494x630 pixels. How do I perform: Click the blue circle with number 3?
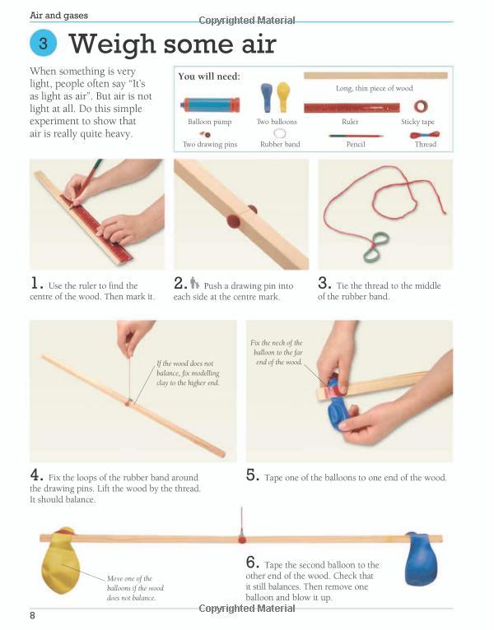[x=43, y=43]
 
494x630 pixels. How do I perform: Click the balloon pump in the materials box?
[x=210, y=105]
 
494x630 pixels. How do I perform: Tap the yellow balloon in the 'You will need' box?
[x=283, y=97]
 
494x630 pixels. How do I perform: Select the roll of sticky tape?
[x=421, y=106]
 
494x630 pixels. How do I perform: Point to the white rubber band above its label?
[x=280, y=133]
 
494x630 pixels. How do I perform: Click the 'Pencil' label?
[x=356, y=144]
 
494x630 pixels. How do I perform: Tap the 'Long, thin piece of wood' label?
[x=374, y=88]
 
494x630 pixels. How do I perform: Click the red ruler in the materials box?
[x=352, y=108]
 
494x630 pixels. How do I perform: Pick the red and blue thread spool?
[x=425, y=135]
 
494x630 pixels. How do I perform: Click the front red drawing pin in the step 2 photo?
[x=233, y=221]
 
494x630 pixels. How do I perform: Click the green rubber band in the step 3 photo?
[x=376, y=247]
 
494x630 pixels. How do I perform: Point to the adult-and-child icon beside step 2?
[x=194, y=283]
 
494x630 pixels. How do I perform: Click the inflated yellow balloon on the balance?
[x=60, y=560]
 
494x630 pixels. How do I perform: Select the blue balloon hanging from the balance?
[x=421, y=559]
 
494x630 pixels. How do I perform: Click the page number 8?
[x=33, y=615]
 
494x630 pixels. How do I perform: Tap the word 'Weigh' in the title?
[x=112, y=44]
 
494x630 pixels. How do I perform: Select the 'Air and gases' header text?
[x=58, y=16]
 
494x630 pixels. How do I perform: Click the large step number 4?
[x=35, y=475]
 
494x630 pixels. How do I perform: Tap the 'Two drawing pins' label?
[x=210, y=144]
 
